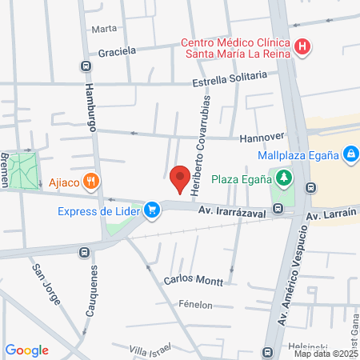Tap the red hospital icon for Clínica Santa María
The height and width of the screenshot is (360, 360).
click(x=302, y=46)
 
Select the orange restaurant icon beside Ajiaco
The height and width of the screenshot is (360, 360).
click(x=93, y=182)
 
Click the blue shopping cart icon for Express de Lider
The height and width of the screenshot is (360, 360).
click(x=150, y=210)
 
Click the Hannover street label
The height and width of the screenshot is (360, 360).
click(x=262, y=137)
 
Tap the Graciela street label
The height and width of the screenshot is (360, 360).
click(x=117, y=51)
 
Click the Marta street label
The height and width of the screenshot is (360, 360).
click(x=104, y=29)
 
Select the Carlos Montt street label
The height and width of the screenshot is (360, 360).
click(x=188, y=281)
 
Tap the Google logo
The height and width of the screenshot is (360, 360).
click(x=26, y=350)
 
